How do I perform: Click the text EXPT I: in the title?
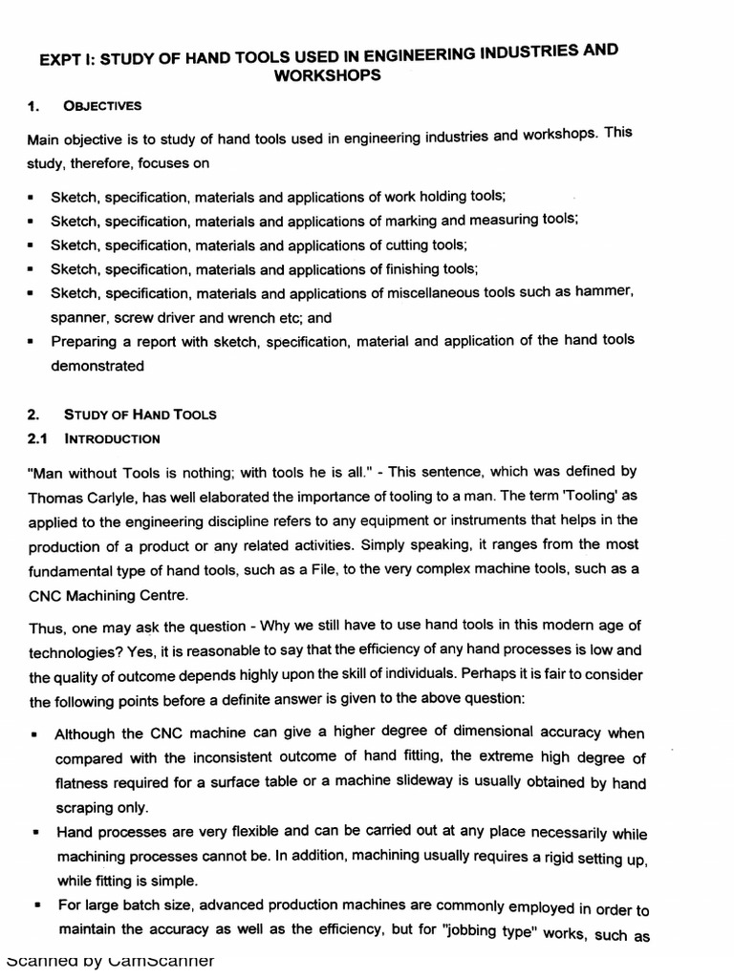click(x=66, y=60)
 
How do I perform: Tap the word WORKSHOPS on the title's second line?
click(x=328, y=74)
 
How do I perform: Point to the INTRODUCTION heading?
click(x=112, y=438)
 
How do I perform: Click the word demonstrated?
click(x=97, y=366)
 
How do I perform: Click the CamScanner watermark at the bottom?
click(x=110, y=961)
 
